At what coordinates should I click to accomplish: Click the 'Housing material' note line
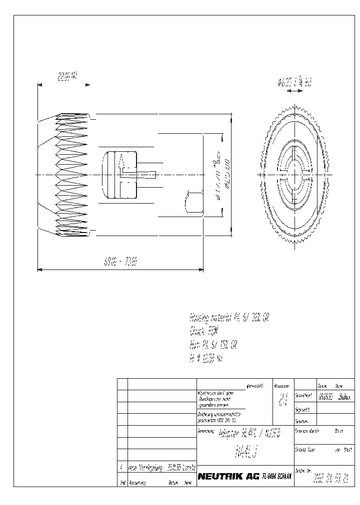229,317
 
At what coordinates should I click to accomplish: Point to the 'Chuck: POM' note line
202,330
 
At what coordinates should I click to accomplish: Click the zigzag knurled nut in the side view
67,175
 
